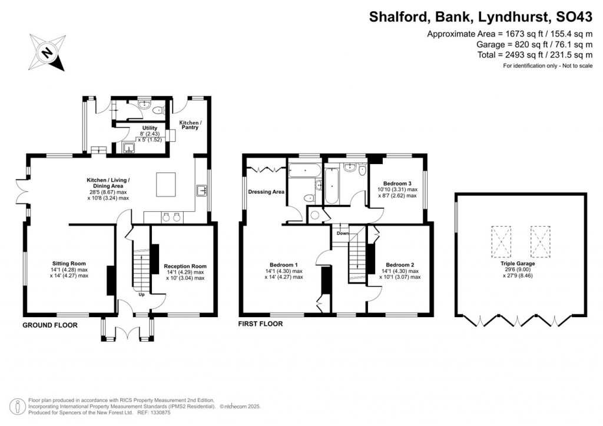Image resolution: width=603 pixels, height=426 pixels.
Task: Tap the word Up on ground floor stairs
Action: [x=141, y=295]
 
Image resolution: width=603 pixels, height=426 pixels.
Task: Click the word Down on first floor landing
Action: [x=343, y=234]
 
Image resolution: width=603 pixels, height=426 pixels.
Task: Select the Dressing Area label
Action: [x=266, y=192]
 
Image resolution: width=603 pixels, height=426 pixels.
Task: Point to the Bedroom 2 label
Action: [x=400, y=265]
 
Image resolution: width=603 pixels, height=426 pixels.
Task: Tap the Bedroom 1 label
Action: [x=283, y=265]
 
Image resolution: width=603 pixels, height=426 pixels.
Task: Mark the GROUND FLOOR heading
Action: [x=49, y=325]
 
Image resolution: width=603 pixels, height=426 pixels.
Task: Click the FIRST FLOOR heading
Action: [x=260, y=324]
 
